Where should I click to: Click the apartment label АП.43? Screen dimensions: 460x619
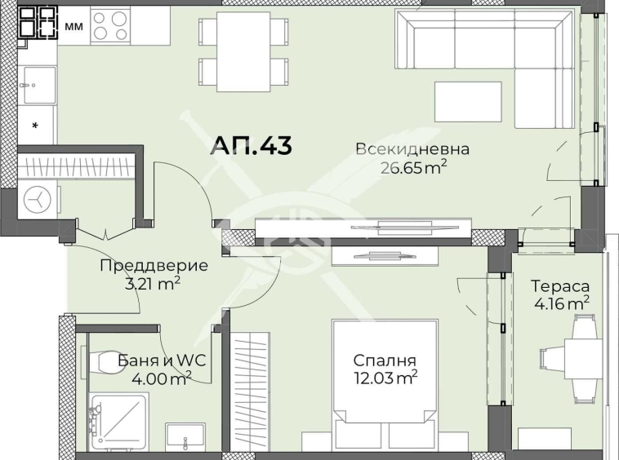251,145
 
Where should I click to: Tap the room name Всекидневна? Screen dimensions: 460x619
412,149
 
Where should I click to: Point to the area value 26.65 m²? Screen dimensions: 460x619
414,168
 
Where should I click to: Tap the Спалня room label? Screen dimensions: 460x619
385,360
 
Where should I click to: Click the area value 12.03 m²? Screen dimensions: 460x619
385,377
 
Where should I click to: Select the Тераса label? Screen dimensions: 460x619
560,286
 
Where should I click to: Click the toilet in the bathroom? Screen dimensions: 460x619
105,361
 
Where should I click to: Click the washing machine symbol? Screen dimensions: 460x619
37,198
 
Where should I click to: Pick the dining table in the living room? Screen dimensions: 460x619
243,51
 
